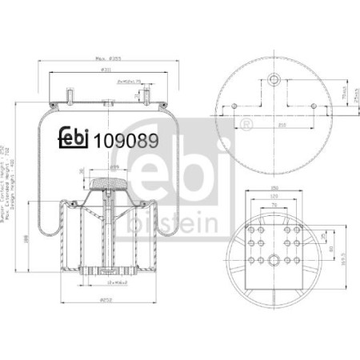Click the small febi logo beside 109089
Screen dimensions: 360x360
click(x=74, y=138)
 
